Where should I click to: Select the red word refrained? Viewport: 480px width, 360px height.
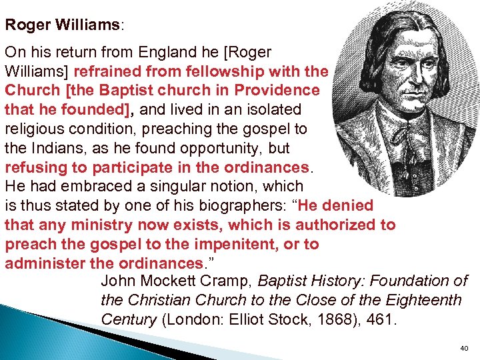coord(109,71)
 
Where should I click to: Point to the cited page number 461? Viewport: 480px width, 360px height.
coord(381,321)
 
